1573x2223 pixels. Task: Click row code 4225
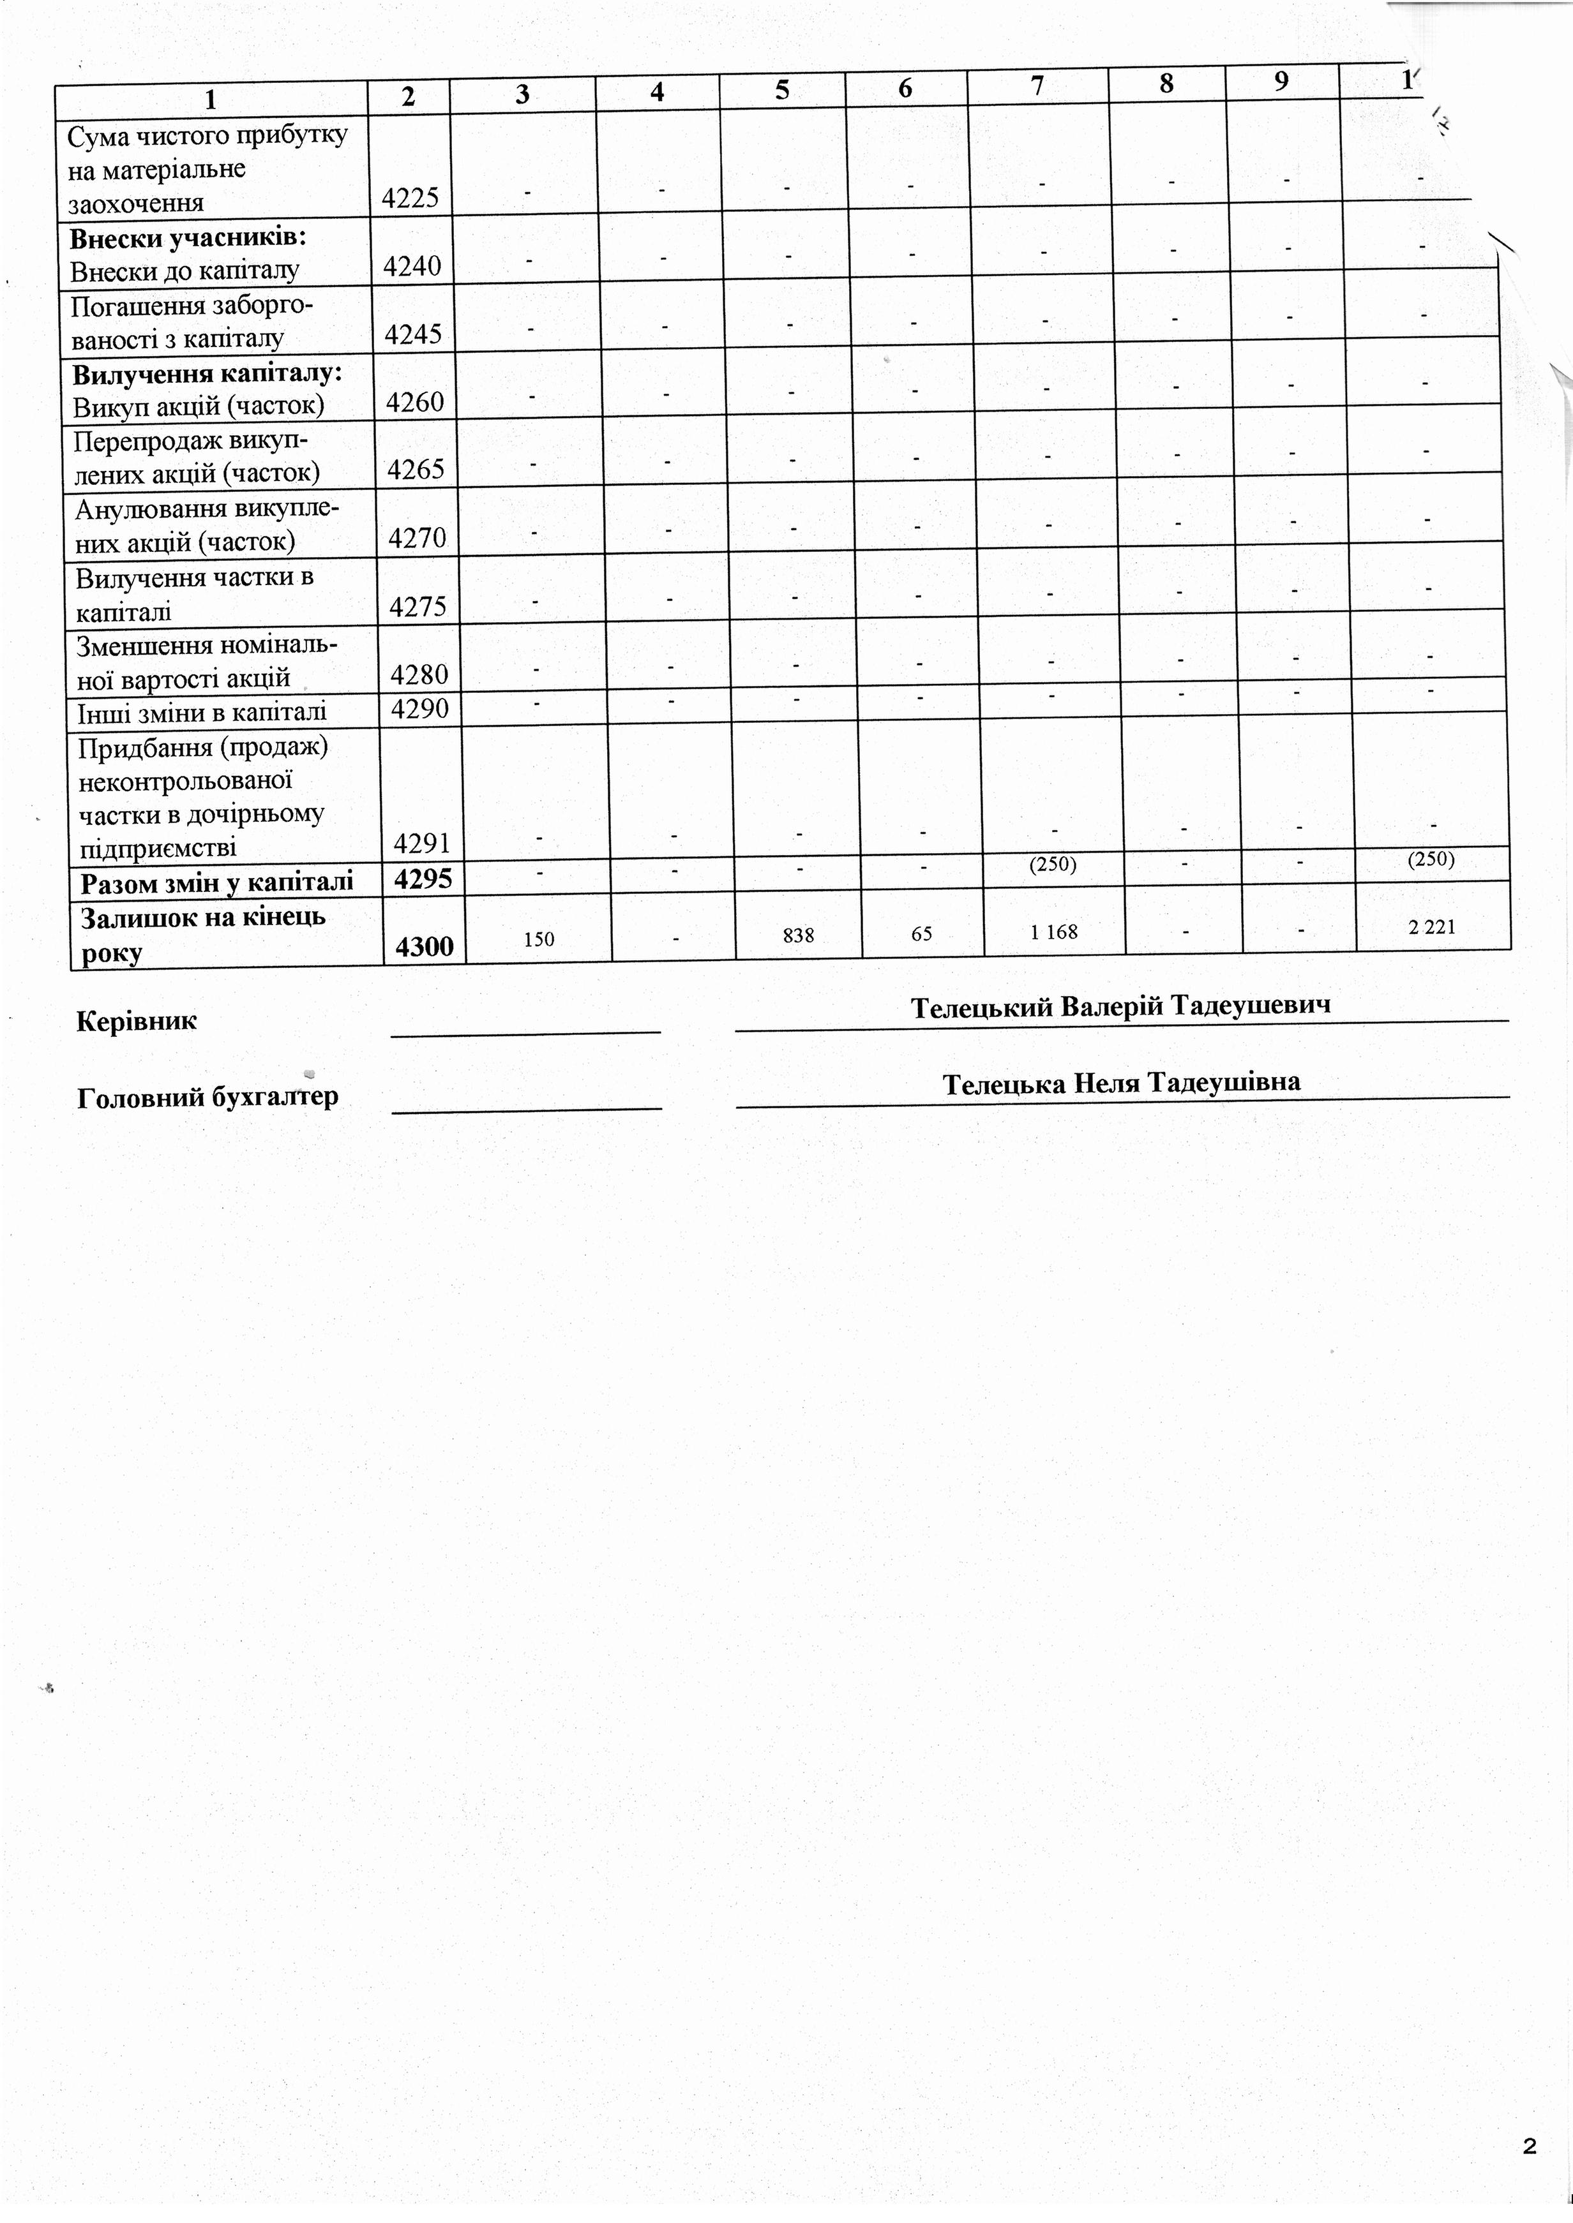point(410,198)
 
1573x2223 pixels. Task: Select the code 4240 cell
point(412,266)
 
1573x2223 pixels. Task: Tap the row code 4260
point(414,402)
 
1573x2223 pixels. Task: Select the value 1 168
point(1054,932)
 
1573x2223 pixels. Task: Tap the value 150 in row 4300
point(539,938)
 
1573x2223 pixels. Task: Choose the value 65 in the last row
point(921,934)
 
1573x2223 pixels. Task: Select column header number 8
point(1166,84)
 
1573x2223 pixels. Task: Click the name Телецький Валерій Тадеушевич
point(1120,1006)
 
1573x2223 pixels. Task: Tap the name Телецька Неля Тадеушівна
point(1122,1082)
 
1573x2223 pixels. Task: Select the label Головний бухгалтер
point(207,1097)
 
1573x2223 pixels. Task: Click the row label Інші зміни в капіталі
point(202,713)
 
